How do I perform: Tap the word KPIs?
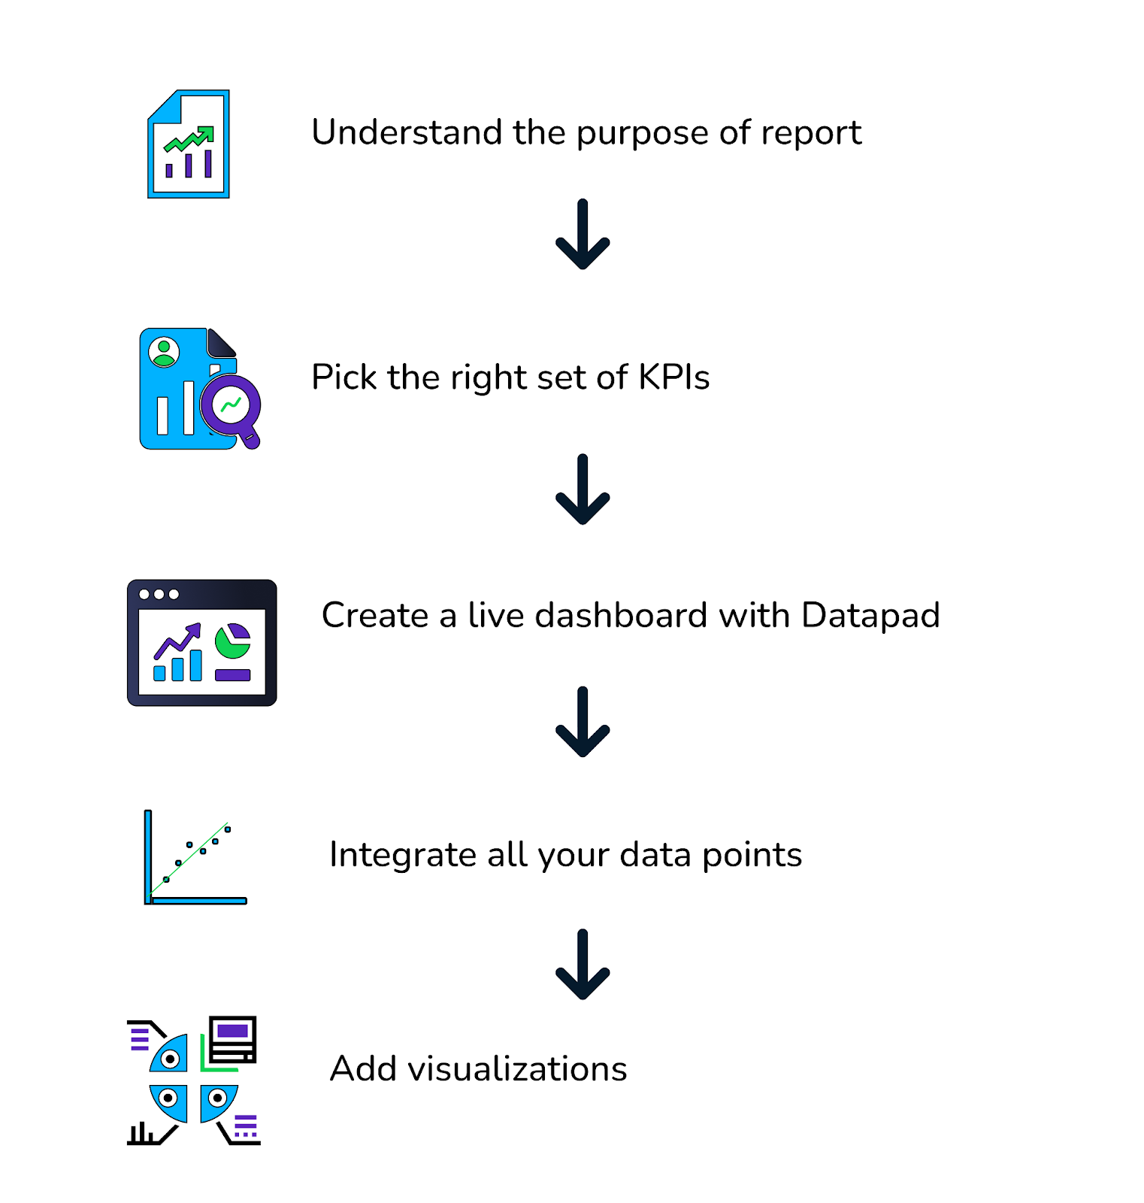point(673,377)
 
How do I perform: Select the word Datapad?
point(870,615)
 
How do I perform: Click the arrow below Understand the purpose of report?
point(583,235)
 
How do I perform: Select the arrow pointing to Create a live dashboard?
point(583,489)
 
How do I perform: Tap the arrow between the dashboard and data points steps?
point(583,722)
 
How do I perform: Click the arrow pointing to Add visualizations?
point(583,965)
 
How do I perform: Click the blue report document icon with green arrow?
point(189,144)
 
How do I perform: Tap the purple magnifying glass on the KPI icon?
point(232,408)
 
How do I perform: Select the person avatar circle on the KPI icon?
point(164,351)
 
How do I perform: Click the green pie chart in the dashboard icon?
point(232,641)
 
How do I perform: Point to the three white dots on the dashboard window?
point(159,594)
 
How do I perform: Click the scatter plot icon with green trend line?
point(195,857)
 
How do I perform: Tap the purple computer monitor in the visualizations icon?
point(233,1038)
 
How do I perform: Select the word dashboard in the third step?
point(621,615)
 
